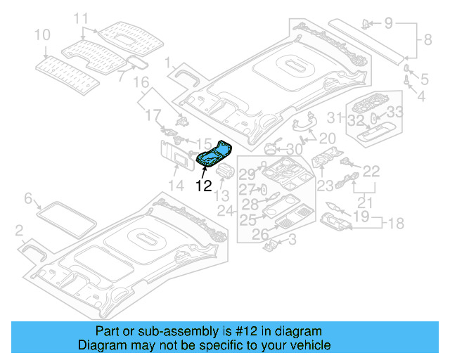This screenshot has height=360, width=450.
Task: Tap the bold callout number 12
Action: pos(203,186)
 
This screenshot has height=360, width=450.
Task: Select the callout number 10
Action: pos(42,34)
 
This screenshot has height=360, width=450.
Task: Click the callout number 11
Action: pos(82,18)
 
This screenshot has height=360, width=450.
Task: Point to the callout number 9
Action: pos(389,23)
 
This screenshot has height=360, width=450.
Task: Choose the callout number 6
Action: pos(28,199)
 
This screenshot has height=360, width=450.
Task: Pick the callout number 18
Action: pos(397,223)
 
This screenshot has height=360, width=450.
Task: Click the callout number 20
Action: pos(328,139)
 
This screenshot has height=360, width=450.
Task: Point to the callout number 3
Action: pos(292,241)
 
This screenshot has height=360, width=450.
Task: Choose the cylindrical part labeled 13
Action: pos(228,173)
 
